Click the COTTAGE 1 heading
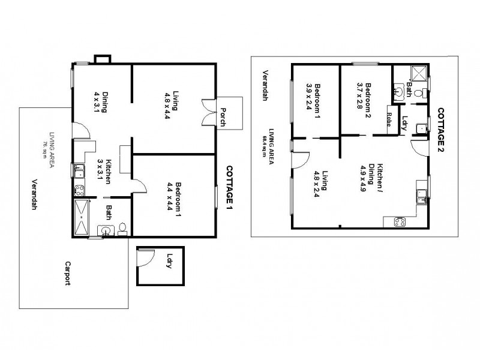[x=229, y=188]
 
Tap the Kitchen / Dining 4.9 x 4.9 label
[x=367, y=175]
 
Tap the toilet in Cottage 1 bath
[x=122, y=229]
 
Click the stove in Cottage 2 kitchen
[x=400, y=222]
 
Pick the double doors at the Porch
[x=209, y=112]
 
